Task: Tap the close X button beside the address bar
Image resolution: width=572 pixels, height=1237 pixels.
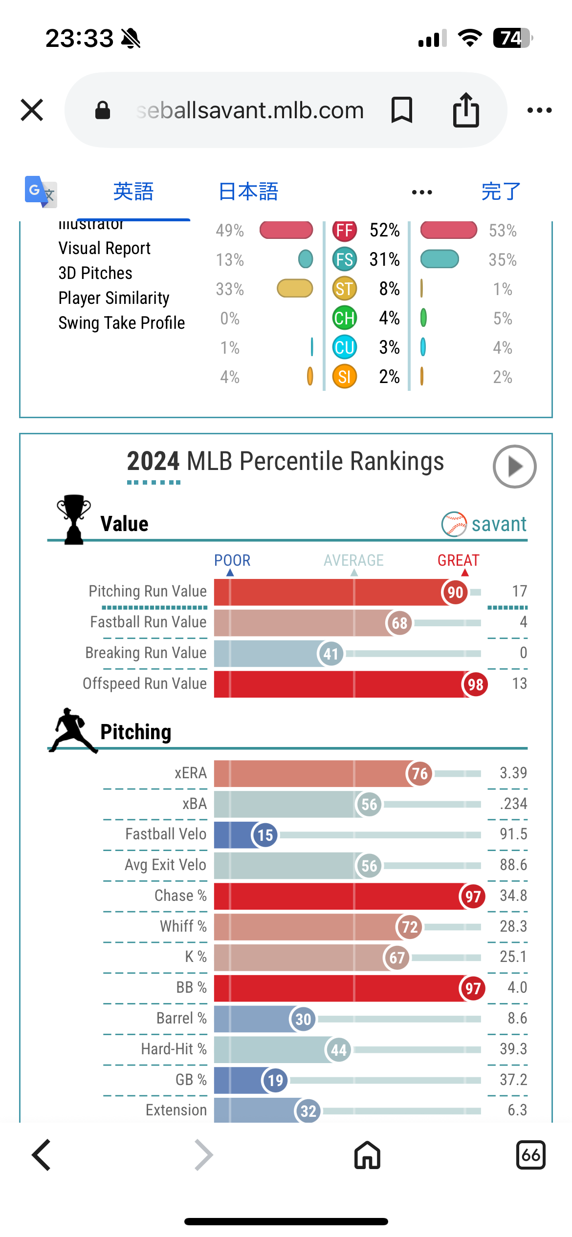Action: (x=32, y=110)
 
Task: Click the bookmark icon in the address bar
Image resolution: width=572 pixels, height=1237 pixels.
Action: (x=402, y=110)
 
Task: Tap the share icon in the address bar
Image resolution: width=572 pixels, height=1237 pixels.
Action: (x=466, y=110)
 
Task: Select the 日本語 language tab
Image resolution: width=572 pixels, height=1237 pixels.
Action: (x=248, y=192)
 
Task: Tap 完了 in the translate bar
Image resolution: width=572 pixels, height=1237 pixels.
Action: (x=501, y=192)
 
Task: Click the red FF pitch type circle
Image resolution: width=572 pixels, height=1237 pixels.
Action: (x=345, y=230)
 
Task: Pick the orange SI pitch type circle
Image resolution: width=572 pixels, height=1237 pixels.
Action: (x=345, y=377)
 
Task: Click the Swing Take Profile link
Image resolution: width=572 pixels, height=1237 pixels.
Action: (x=122, y=323)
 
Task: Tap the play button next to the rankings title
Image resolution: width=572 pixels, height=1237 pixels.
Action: (x=514, y=467)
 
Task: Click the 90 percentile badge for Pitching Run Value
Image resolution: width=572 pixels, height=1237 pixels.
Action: (x=455, y=593)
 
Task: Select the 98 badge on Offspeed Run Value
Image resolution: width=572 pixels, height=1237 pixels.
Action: (x=475, y=684)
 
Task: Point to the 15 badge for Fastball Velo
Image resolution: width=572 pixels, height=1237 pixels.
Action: (x=265, y=835)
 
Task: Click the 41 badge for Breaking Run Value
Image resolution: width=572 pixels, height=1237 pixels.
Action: (x=331, y=654)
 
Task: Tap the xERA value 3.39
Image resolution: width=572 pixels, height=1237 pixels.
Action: (x=513, y=773)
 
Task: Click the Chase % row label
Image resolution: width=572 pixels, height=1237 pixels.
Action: (x=180, y=896)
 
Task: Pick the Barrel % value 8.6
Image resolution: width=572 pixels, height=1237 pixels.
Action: (x=517, y=1018)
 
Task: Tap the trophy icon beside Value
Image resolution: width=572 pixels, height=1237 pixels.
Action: (x=74, y=519)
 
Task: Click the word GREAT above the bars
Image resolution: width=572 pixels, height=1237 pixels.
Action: (x=459, y=560)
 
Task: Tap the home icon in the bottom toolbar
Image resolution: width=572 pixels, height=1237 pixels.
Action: (x=367, y=1155)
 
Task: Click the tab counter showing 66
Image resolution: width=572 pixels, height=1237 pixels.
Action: (x=530, y=1155)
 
